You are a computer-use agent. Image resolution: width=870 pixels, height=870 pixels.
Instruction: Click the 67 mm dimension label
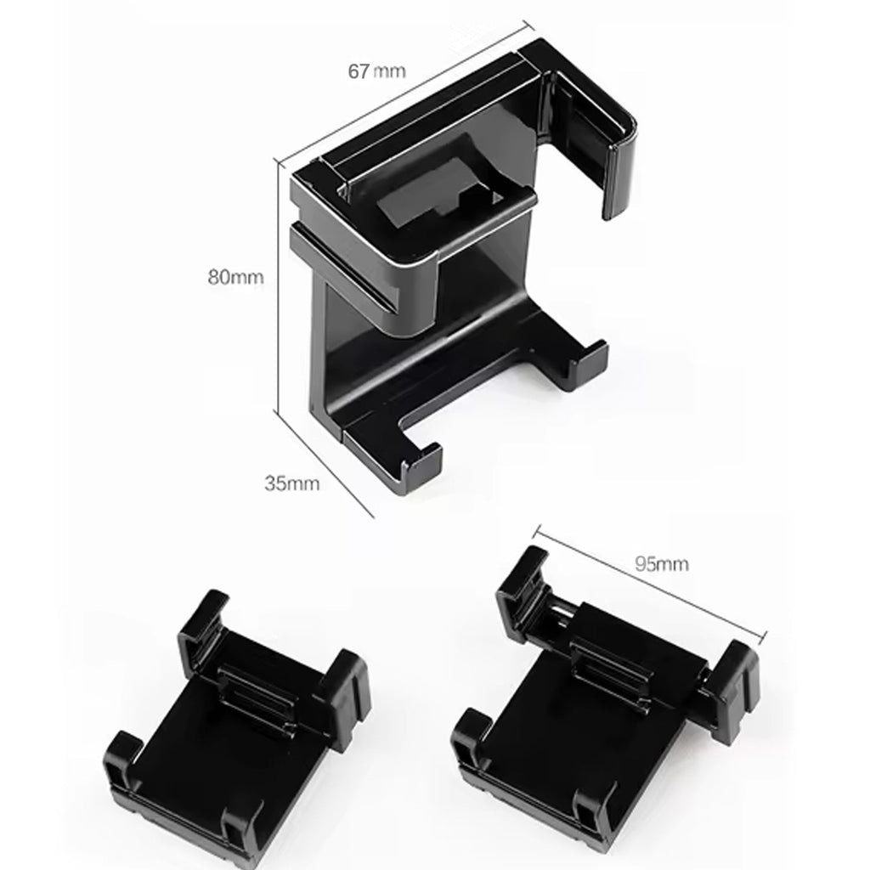tap(376, 71)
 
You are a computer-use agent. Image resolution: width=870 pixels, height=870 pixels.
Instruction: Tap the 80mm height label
tap(236, 276)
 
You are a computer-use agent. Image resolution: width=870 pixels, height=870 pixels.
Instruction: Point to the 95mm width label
tap(661, 562)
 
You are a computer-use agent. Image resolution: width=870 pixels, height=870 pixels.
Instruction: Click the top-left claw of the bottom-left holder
tap(204, 620)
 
